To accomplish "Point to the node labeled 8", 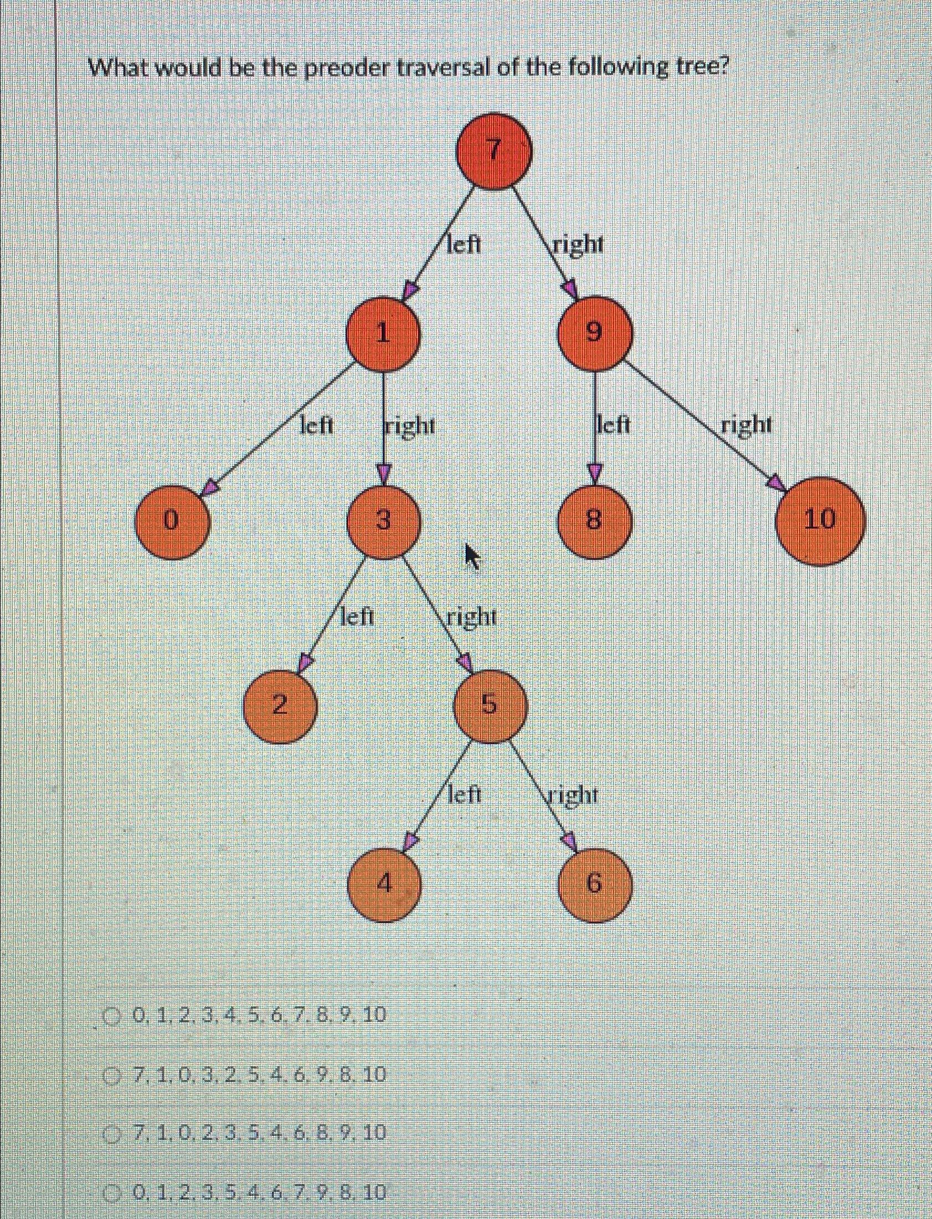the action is [594, 521].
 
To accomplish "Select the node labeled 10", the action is [820, 521].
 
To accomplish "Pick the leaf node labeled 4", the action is [384, 884].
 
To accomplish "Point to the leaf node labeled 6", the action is [594, 884].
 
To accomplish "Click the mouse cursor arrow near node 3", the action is [472, 556].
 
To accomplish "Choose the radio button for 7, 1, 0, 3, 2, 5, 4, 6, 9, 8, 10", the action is [114, 1076].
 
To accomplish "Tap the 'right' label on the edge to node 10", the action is [746, 426].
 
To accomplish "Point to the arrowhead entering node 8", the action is [594, 473].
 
